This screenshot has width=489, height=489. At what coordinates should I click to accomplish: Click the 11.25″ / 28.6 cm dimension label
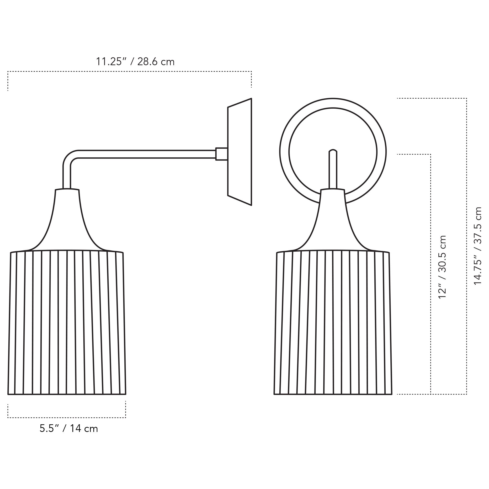[135, 62]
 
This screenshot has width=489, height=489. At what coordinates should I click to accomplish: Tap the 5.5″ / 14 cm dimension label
[69, 429]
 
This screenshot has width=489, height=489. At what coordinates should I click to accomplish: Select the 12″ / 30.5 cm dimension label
[442, 267]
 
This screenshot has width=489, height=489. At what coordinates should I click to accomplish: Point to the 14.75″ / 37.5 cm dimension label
[478, 246]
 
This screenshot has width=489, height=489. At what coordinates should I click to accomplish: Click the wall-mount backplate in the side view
[239, 152]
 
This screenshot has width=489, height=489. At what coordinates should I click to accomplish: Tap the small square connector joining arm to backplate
[222, 154]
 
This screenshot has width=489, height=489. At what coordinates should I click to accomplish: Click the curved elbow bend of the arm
[71, 158]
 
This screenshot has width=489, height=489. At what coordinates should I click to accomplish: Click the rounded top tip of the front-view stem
[333, 151]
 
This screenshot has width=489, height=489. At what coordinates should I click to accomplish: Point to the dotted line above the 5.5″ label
[67, 417]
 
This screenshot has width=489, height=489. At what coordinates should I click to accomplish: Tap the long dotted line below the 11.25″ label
[130, 72]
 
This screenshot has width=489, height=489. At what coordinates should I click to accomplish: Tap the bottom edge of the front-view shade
[333, 394]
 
